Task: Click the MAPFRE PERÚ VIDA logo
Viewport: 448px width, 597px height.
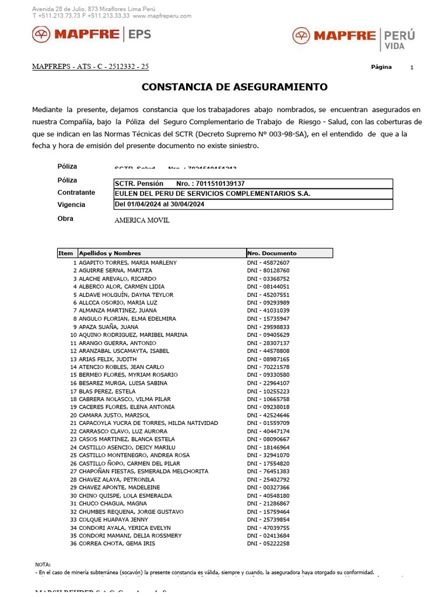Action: [353, 37]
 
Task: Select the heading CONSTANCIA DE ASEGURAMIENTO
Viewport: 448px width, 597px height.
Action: [235, 87]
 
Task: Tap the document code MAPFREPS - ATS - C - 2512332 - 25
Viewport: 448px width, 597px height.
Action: [90, 66]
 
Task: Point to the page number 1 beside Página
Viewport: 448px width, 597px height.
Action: [412, 68]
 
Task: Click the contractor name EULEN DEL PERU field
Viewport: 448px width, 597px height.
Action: [213, 194]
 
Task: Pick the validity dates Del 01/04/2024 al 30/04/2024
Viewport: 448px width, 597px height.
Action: [160, 204]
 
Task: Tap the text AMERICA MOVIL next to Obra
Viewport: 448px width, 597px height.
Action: [142, 221]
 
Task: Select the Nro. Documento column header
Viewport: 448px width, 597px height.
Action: [272, 254]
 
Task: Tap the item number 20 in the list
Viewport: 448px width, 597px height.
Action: [73, 415]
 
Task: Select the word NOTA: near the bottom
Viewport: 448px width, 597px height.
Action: [43, 565]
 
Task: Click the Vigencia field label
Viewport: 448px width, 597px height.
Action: [71, 205]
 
